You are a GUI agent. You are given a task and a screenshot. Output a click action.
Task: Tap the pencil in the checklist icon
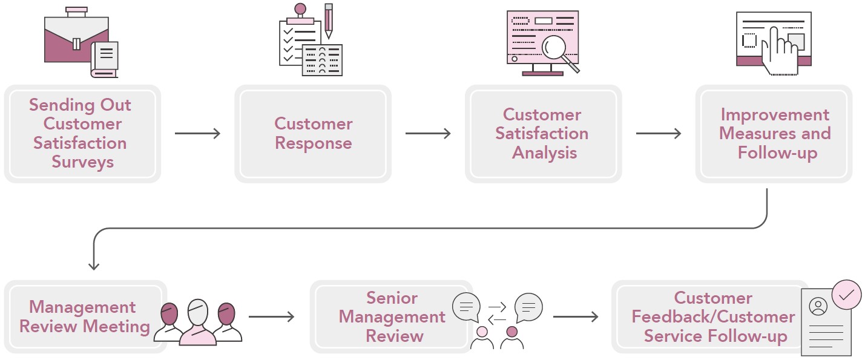click(329, 21)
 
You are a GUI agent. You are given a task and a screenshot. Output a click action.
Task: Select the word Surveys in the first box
click(83, 162)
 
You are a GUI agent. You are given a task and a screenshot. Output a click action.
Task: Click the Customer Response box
click(313, 134)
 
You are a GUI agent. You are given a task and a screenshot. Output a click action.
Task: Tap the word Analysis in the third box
click(545, 153)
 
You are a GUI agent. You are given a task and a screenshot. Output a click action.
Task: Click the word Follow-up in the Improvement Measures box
click(777, 153)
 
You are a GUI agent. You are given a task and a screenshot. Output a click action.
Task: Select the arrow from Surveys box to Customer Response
click(197, 134)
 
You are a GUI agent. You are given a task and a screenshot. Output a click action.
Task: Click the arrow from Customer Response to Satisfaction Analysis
click(428, 134)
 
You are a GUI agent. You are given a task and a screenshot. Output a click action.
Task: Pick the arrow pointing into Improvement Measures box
click(659, 134)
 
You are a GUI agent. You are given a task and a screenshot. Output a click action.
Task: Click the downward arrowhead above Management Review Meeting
click(94, 266)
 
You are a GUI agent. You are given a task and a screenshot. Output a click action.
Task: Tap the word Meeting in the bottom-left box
click(117, 327)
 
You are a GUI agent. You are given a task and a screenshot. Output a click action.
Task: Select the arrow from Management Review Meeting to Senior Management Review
click(271, 317)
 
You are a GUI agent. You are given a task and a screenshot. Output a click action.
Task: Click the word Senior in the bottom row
click(392, 298)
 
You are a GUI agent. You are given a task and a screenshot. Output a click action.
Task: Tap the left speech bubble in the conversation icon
click(466, 307)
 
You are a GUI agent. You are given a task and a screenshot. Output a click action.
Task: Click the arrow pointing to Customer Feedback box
click(576, 317)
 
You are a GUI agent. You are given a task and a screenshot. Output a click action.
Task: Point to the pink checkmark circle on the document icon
click(846, 295)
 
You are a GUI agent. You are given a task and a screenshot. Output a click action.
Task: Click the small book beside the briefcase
click(105, 59)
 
